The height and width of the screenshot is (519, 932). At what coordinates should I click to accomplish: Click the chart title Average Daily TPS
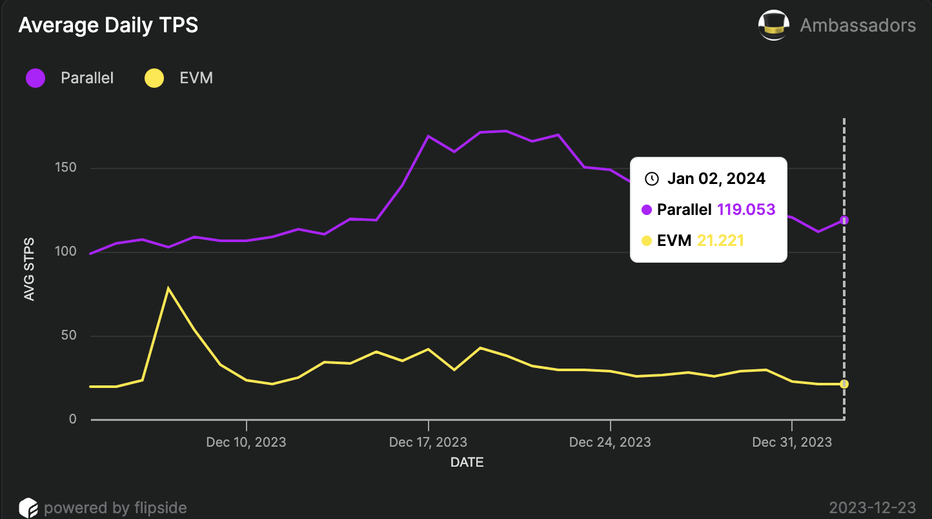pyautogui.click(x=108, y=25)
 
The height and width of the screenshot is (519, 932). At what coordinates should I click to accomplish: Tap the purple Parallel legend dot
pyautogui.click(x=35, y=79)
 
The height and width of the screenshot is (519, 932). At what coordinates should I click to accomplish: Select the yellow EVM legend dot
pyautogui.click(x=154, y=79)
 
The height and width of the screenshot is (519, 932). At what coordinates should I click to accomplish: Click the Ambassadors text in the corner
pyautogui.click(x=858, y=25)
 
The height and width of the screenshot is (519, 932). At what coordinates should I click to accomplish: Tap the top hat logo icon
pyautogui.click(x=774, y=25)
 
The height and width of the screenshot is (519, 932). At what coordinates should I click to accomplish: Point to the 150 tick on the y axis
pyautogui.click(x=66, y=168)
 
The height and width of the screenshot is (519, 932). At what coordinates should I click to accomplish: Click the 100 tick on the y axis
pyautogui.click(x=66, y=252)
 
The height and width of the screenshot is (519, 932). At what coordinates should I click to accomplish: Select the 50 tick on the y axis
pyautogui.click(x=68, y=336)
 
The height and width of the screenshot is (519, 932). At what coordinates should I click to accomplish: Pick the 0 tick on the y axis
pyautogui.click(x=72, y=420)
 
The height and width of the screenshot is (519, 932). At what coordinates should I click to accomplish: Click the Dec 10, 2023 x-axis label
pyautogui.click(x=246, y=442)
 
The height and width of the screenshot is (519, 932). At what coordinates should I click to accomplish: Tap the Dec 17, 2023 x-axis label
pyautogui.click(x=428, y=442)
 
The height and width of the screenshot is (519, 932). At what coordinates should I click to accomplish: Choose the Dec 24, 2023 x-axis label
pyautogui.click(x=610, y=442)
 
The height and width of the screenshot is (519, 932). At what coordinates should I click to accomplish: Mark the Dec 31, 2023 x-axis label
pyautogui.click(x=792, y=442)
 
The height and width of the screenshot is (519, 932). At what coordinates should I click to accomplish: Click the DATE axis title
pyautogui.click(x=467, y=462)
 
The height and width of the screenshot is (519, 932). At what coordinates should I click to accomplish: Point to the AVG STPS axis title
pyautogui.click(x=29, y=269)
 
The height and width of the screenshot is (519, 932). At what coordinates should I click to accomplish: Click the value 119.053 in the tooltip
pyautogui.click(x=746, y=209)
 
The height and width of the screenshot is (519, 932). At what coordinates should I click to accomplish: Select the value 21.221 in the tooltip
pyautogui.click(x=720, y=241)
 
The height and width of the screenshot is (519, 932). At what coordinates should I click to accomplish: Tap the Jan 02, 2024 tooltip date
pyautogui.click(x=716, y=178)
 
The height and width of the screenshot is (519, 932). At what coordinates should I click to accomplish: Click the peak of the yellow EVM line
pyautogui.click(x=168, y=288)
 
